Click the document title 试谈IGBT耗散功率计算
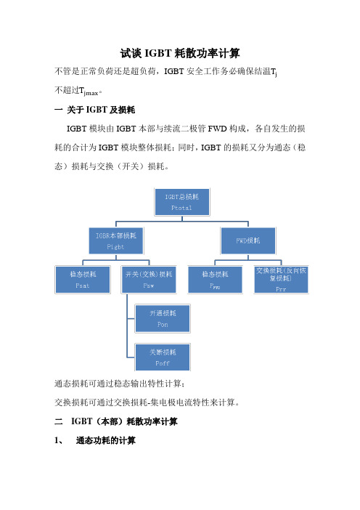180,53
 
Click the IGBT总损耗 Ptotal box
182,202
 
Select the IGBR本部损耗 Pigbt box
116,240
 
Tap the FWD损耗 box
248,240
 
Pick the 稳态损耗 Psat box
83,280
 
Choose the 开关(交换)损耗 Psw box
149,280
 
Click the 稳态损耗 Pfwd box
215,280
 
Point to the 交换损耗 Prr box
281,280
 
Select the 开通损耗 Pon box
163,318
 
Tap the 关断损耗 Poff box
163,357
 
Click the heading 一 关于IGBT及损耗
94,110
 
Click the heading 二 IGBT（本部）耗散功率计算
116,421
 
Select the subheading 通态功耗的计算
105,441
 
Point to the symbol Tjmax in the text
89,91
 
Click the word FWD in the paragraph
217,129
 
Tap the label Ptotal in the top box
181,208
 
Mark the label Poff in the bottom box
163,363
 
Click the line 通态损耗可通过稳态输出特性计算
120,384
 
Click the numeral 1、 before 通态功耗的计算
59,441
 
